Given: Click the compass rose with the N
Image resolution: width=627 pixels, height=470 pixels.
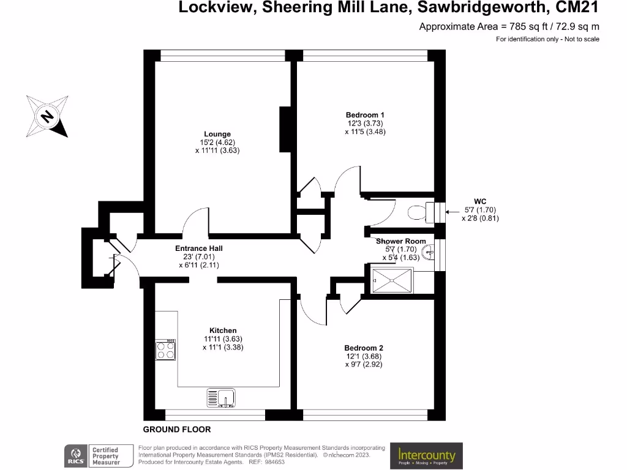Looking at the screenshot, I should (47, 115).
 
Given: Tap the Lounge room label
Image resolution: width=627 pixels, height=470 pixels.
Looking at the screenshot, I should (217, 134).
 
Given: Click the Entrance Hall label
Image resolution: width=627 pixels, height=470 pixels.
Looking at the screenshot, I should (199, 248).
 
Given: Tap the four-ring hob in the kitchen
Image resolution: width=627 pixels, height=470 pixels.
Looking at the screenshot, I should (165, 349).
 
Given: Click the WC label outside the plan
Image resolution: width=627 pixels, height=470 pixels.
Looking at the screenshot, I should (480, 201).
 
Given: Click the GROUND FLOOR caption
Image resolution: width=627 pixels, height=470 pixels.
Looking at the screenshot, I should (177, 430).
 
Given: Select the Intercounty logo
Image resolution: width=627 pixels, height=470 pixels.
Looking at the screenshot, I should (426, 455).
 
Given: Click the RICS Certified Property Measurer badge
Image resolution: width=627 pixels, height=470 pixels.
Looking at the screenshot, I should (99, 456).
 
